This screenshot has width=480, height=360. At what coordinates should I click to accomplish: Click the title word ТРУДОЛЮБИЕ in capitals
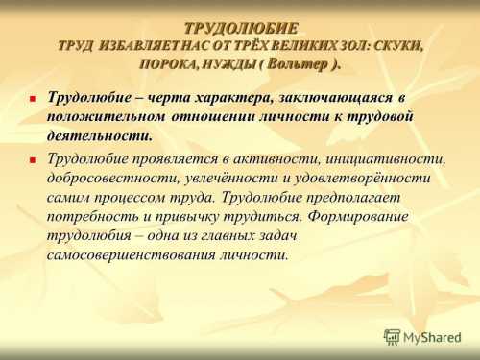[241, 27]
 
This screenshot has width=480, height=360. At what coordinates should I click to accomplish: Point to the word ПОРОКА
[170, 63]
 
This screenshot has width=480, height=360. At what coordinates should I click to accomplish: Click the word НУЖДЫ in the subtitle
[229, 63]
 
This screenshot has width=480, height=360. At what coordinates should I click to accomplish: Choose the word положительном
[107, 117]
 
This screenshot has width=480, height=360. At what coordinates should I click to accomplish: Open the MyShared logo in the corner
[423, 337]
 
